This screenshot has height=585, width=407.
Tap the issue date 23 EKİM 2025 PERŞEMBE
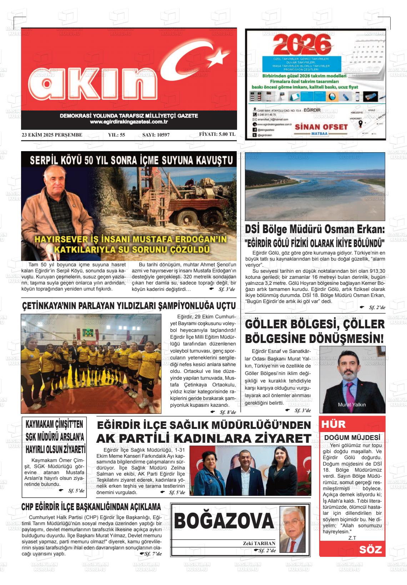(52, 135)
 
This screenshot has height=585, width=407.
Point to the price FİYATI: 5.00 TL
(217, 134)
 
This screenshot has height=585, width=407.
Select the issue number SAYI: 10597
(156, 135)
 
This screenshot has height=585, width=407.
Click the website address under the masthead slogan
(129, 122)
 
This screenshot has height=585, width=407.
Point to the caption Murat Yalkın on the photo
(352, 405)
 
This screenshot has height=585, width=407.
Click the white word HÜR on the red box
(333, 424)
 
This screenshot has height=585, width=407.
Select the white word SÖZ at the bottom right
(370, 550)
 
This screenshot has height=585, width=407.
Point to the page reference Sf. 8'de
(227, 412)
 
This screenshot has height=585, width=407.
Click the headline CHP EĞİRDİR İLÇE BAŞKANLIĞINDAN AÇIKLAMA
(91, 507)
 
